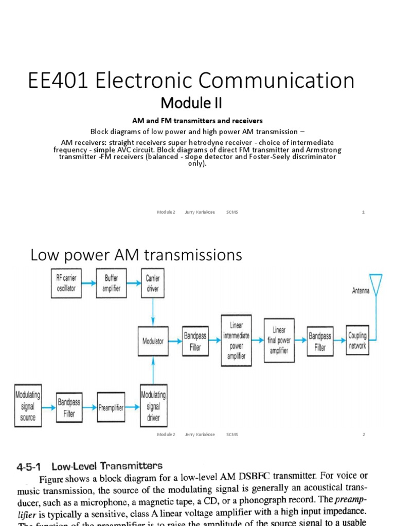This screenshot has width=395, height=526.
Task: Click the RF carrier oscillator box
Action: point(66,282)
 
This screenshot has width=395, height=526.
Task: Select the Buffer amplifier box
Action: point(112,282)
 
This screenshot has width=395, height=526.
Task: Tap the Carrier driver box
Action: point(153,282)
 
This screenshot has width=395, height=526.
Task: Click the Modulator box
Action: point(153,341)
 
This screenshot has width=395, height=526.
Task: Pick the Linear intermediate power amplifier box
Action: point(236,340)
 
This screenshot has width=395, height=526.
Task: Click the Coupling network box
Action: point(357,340)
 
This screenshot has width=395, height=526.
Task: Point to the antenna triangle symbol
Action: point(376,284)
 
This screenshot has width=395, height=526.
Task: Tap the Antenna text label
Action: point(361,290)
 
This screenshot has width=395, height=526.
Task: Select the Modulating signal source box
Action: point(28,406)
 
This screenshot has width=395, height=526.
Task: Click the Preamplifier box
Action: point(111,407)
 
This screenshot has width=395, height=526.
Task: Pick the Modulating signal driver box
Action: point(153,406)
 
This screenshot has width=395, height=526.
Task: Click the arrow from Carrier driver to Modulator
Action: point(153,310)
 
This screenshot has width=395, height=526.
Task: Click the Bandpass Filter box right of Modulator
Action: point(195,341)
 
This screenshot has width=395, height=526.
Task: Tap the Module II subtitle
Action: point(191,103)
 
